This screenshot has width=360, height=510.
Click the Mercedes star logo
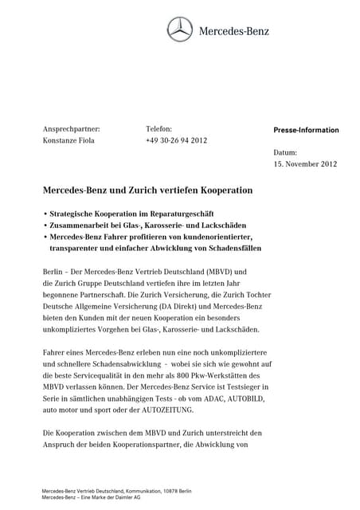coord(180,31)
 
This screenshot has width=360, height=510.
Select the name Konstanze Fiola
coord(70,140)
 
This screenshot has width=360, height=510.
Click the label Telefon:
coord(158,128)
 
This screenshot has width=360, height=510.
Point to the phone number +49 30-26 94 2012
coord(176,140)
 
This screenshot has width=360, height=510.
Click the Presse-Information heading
coord(306,130)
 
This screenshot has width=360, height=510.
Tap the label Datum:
coord(285,151)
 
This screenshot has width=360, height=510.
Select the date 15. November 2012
coord(305,163)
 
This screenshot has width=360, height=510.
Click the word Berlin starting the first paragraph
coord(53,271)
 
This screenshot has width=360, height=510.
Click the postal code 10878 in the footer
coord(159,491)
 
